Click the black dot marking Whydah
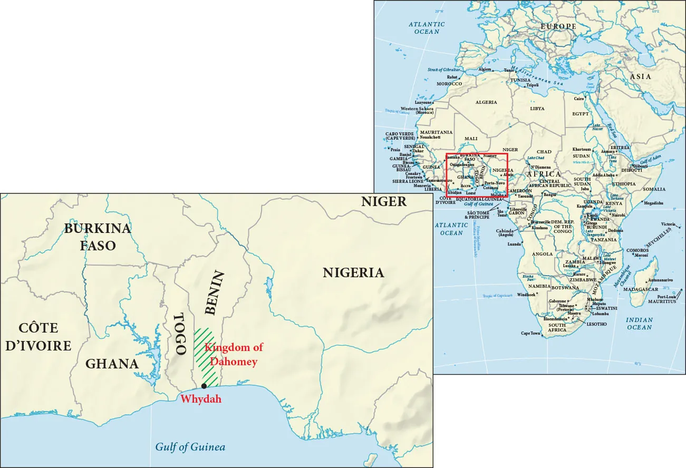click(x=204, y=386)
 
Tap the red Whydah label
click(x=201, y=399)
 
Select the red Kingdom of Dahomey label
click(x=233, y=355)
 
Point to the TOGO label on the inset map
click(x=180, y=334)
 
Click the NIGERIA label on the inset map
click(x=353, y=273)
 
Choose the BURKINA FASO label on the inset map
click(x=98, y=237)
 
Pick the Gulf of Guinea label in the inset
click(x=190, y=447)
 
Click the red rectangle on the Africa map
click(x=477, y=154)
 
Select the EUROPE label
click(x=558, y=26)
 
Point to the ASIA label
click(x=640, y=76)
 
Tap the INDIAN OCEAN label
click(x=639, y=324)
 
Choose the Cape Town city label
click(x=530, y=333)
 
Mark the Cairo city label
click(x=578, y=99)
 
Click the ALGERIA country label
click(x=486, y=102)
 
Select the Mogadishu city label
click(x=654, y=202)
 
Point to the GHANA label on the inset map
click(x=112, y=364)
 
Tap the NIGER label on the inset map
click(x=383, y=201)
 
